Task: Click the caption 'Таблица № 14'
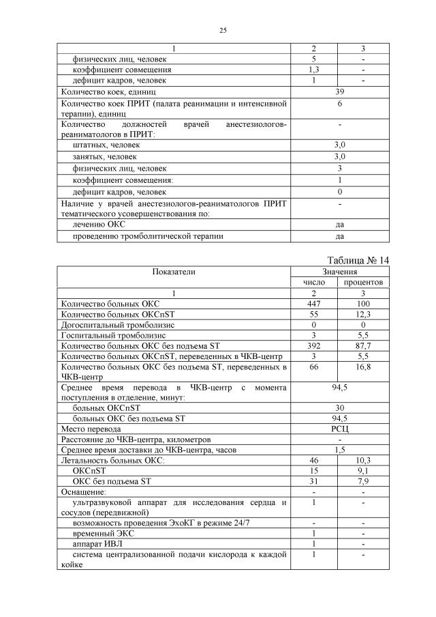(x=358, y=261)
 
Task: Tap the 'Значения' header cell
(x=339, y=272)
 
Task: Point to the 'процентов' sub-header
(x=363, y=282)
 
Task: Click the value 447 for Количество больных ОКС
(x=314, y=304)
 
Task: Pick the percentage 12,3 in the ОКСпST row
(x=363, y=315)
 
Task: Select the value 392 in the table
(x=314, y=347)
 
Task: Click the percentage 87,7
(x=363, y=347)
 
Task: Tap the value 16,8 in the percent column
(x=363, y=368)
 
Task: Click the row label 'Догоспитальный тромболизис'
(x=118, y=326)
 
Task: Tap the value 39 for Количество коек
(x=339, y=91)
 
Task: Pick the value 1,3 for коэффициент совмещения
(x=314, y=70)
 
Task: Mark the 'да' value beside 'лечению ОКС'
(x=339, y=225)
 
